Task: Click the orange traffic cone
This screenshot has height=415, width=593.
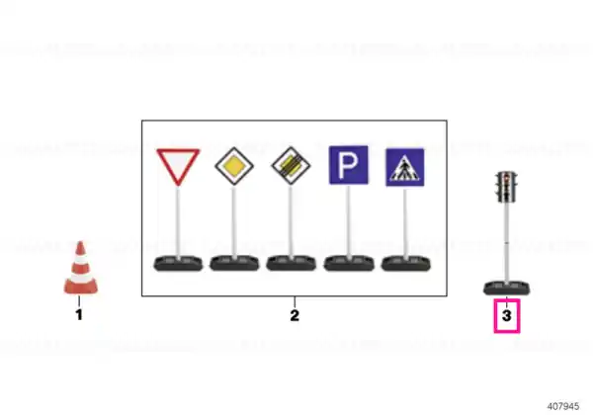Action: [81, 269]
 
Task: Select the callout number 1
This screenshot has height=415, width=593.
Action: [79, 315]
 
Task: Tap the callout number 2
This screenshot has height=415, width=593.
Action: [295, 315]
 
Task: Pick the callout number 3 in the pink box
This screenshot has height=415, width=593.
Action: [507, 315]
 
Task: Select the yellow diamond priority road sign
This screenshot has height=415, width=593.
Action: [234, 166]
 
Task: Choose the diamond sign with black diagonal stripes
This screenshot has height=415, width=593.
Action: [291, 166]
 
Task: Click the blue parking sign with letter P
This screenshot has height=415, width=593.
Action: [348, 165]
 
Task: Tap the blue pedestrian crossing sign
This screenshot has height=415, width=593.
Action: [404, 167]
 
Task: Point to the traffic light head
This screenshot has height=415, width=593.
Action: [506, 187]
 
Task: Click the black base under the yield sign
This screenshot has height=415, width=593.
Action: [178, 264]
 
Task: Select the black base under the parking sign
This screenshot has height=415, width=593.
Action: [349, 264]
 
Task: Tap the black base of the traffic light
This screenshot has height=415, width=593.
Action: [507, 289]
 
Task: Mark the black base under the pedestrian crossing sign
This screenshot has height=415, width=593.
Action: [406, 264]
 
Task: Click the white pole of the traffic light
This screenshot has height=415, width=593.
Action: [506, 242]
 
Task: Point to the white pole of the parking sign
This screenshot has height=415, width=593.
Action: [348, 221]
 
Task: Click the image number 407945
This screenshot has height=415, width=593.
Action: [563, 406]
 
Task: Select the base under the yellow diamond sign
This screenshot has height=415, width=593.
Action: [234, 264]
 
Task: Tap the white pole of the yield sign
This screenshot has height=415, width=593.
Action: [178, 222]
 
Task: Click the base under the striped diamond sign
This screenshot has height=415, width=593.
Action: [292, 264]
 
